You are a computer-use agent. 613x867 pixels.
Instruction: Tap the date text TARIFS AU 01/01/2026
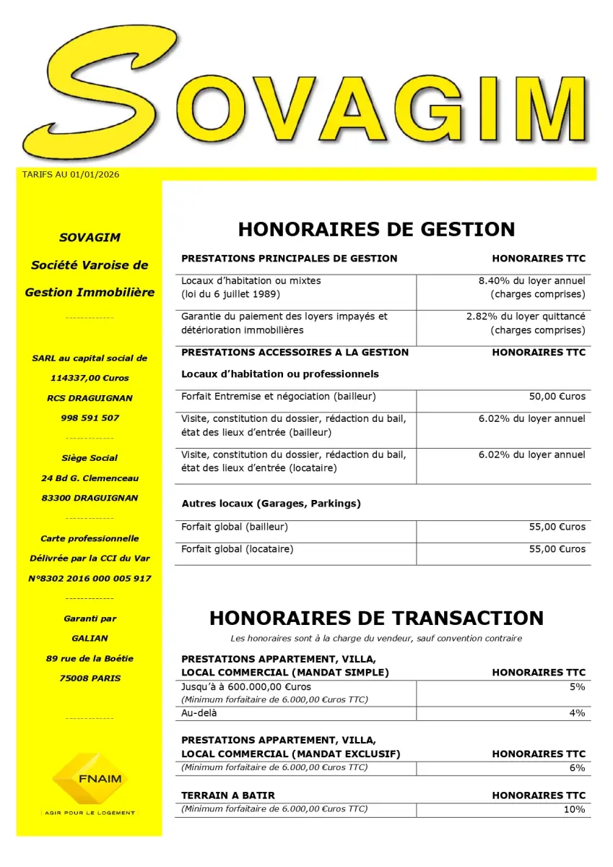pos(71,174)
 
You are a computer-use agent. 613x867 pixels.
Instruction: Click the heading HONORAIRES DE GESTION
pos(376,229)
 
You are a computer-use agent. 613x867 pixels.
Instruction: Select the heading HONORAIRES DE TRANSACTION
pos(376,618)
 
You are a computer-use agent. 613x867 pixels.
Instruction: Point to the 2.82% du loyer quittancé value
pos(526,316)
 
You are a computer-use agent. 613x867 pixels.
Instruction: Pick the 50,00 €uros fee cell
pos(557,397)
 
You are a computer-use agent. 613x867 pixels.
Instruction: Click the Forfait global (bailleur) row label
pos(235,527)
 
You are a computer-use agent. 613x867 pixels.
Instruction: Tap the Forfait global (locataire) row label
pos(237,549)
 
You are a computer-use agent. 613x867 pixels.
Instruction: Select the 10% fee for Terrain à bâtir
pos(574,809)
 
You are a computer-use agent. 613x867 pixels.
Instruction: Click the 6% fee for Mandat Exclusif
pos(577,768)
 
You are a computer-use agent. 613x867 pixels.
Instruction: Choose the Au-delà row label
pos(199,713)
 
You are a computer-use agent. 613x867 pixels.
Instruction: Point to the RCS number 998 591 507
pos(90,418)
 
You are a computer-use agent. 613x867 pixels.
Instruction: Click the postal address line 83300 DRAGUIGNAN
pos(90,498)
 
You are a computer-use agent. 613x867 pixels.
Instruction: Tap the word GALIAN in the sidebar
pos(90,639)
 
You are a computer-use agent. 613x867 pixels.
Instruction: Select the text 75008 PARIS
pos(90,678)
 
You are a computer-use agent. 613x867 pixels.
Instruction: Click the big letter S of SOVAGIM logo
pos(101,90)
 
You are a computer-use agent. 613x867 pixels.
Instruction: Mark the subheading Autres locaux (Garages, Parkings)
pos(271,503)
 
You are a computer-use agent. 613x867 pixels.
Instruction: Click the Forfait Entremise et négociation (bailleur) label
pos(278,397)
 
